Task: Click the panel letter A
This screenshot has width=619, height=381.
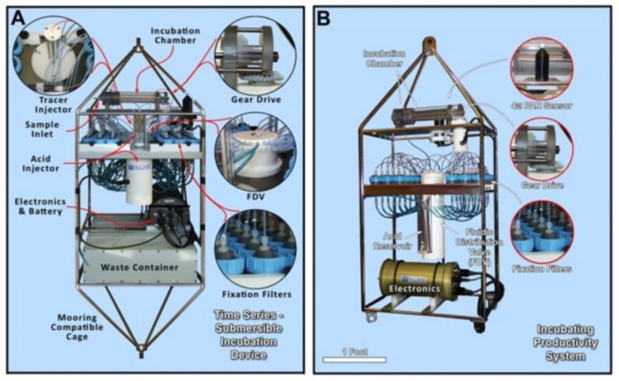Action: tap(17, 20)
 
